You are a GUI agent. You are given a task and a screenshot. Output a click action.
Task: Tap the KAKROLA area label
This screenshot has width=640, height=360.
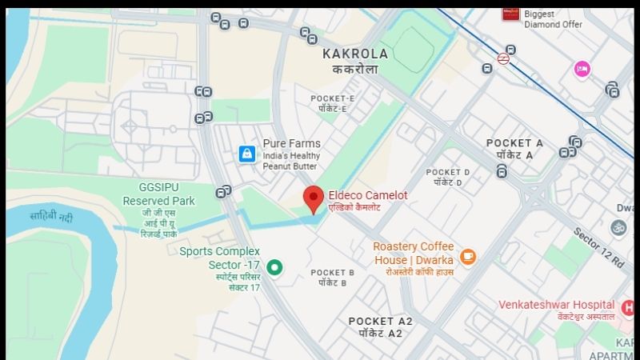355,54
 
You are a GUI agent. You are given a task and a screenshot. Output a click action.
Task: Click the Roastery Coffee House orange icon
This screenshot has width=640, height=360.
468,257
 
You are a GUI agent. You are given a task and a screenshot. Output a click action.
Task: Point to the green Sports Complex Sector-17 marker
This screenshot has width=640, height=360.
275,267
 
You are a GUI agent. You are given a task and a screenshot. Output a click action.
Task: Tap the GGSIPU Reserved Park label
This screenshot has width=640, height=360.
157,193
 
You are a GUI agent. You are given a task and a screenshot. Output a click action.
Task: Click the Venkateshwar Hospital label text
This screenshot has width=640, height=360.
556,305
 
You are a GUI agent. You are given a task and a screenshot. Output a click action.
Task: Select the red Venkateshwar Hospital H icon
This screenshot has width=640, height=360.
628,307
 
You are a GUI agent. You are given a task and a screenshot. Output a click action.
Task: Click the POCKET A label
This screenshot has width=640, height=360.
514,143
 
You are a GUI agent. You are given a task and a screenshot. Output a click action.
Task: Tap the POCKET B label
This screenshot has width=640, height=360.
333,273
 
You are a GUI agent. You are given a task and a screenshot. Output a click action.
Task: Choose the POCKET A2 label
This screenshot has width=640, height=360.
380,322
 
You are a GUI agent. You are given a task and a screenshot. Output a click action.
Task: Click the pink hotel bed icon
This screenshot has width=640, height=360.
582,70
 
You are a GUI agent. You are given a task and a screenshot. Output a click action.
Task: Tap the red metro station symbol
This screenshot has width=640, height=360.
503,58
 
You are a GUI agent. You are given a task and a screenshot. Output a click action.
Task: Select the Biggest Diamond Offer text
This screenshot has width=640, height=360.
553,18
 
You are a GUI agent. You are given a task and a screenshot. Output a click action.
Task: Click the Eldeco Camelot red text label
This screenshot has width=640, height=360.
368,195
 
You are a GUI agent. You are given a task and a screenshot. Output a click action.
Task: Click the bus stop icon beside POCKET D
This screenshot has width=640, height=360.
502,171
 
